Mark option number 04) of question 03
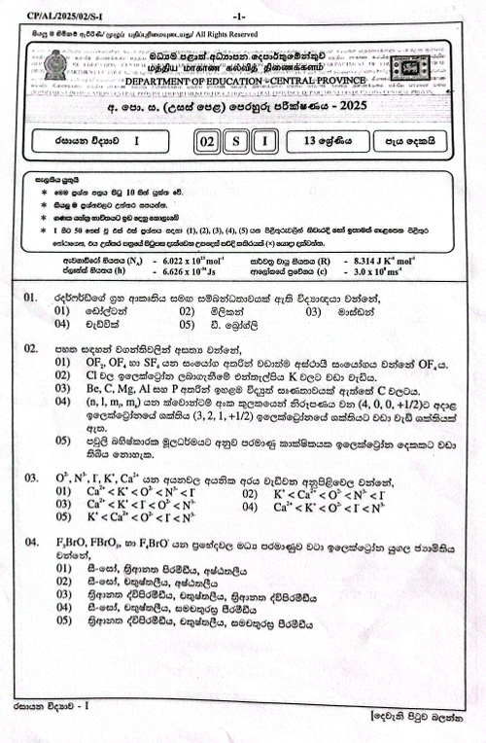(x=254, y=507)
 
